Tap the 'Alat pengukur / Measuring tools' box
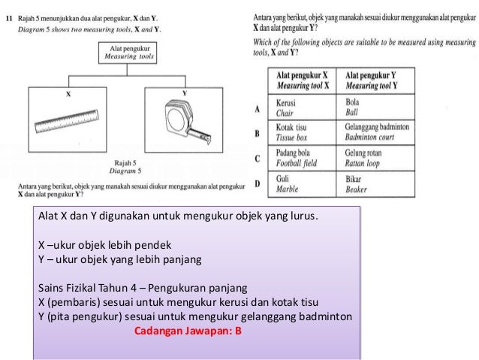(125, 53)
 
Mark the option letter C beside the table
(257, 159)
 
